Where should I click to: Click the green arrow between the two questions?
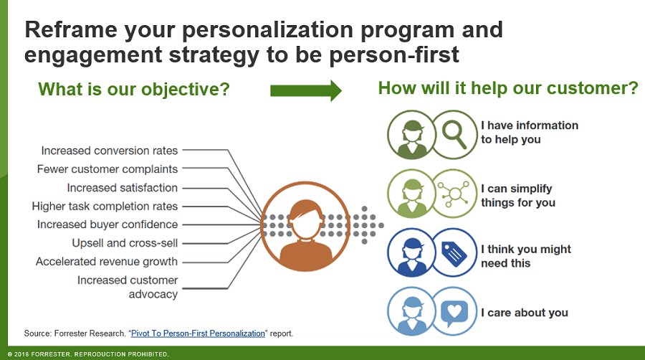[x=305, y=90]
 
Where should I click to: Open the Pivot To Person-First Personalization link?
[x=198, y=333]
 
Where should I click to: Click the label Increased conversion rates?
[x=109, y=151]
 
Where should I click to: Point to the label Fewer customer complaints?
[x=107, y=169]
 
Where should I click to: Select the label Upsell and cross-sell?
[x=125, y=243]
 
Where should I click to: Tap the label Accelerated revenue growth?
[x=107, y=262]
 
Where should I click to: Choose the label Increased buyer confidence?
[x=107, y=224]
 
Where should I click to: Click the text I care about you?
[x=524, y=313]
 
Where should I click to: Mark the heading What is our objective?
[x=134, y=90]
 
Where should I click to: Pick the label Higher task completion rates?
[x=105, y=207]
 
